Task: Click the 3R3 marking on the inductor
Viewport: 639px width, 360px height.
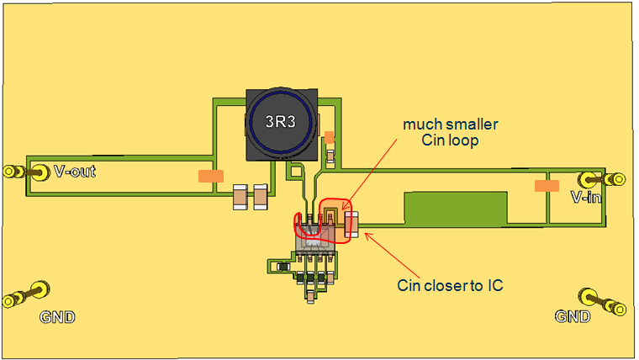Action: tap(280, 121)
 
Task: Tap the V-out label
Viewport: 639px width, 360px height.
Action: tap(74, 172)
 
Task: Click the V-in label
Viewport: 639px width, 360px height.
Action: tap(586, 198)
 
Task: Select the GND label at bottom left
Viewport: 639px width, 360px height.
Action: tap(57, 317)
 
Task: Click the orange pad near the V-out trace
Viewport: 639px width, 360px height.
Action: tap(210, 177)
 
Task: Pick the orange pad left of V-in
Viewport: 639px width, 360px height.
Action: tap(547, 185)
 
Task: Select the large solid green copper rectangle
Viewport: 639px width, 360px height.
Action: tap(456, 207)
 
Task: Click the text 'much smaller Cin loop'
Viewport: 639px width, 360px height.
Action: tap(450, 133)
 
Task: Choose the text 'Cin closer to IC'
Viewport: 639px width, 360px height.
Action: tap(451, 285)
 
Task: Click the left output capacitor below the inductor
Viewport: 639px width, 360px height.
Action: tap(240, 198)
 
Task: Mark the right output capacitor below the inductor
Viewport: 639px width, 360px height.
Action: tap(260, 198)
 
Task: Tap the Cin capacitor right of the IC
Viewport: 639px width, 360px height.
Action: tap(351, 224)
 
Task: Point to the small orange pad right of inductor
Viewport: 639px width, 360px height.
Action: tap(330, 137)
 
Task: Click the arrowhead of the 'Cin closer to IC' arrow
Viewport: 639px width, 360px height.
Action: tap(365, 236)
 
